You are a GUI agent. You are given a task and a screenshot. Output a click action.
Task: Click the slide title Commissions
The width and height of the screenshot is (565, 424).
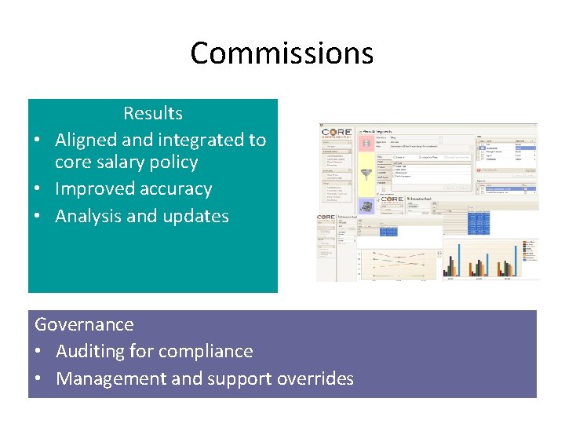(x=282, y=53)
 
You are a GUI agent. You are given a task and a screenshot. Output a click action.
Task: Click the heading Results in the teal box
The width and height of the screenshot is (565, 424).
(x=153, y=113)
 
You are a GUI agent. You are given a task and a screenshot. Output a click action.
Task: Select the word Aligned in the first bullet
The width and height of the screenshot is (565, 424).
(x=86, y=140)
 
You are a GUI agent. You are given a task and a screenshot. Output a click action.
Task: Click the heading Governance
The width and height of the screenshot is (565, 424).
(x=84, y=324)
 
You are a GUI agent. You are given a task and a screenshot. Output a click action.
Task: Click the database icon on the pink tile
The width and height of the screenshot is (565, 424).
(x=366, y=142)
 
